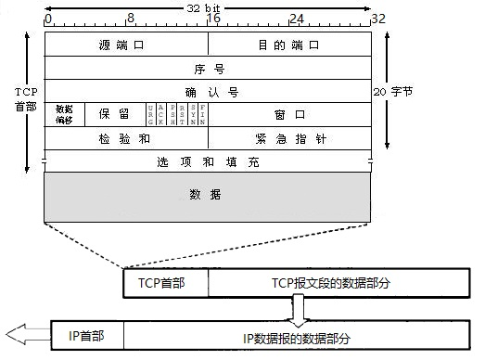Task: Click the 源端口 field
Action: [126, 45]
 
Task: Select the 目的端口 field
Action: [289, 45]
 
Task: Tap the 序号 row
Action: [208, 68]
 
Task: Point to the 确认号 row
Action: [208, 91]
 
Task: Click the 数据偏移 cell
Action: [63, 114]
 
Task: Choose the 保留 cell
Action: [113, 114]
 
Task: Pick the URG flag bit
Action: [151, 114]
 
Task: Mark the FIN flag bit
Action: [202, 114]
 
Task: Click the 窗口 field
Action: [289, 114]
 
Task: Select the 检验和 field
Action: [126, 137]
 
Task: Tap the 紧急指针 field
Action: [289, 137]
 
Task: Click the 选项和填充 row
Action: [208, 161]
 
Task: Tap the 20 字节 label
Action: [397, 92]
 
